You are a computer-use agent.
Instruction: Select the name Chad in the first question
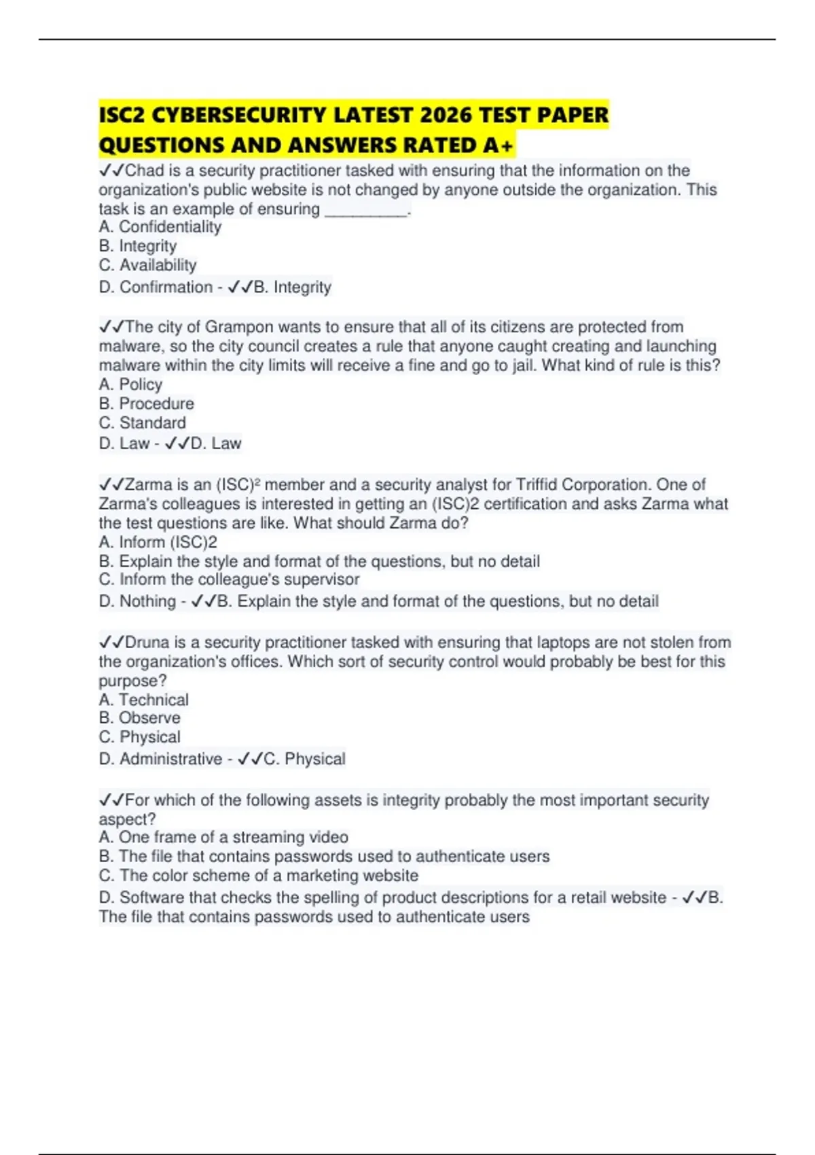pos(145,171)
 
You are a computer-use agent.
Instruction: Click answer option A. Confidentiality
pos(160,227)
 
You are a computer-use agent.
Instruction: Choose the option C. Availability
pos(148,265)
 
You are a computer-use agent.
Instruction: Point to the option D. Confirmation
pos(156,287)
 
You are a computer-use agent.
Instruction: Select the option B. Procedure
pos(147,404)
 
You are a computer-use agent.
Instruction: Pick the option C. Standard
pos(143,423)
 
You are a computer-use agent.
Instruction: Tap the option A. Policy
pos(131,385)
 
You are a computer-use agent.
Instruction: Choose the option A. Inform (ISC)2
pos(158,542)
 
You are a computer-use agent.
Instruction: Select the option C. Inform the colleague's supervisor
pos(230,580)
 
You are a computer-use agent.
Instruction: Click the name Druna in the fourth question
pos(147,643)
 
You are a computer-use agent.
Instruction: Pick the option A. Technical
pos(144,700)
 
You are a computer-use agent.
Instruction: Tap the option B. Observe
pos(140,718)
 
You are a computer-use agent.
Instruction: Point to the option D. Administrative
pos(160,759)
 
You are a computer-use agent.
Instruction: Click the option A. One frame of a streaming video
pos(223,837)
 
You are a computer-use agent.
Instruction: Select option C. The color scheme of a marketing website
pos(259,875)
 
